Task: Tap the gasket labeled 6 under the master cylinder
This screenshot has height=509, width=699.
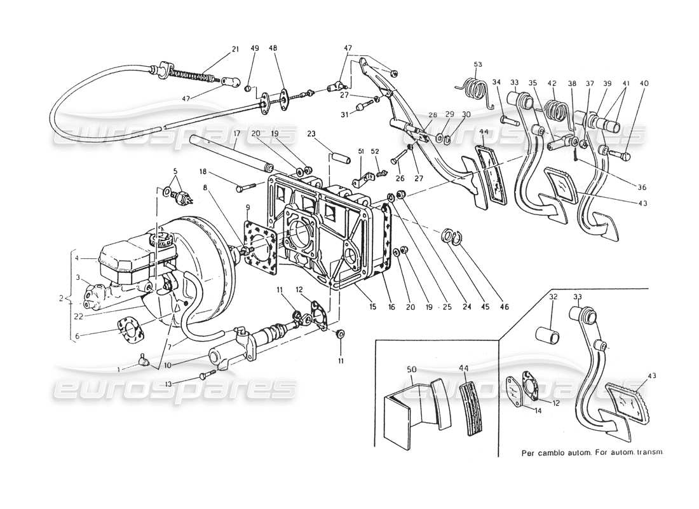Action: coord(130,328)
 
